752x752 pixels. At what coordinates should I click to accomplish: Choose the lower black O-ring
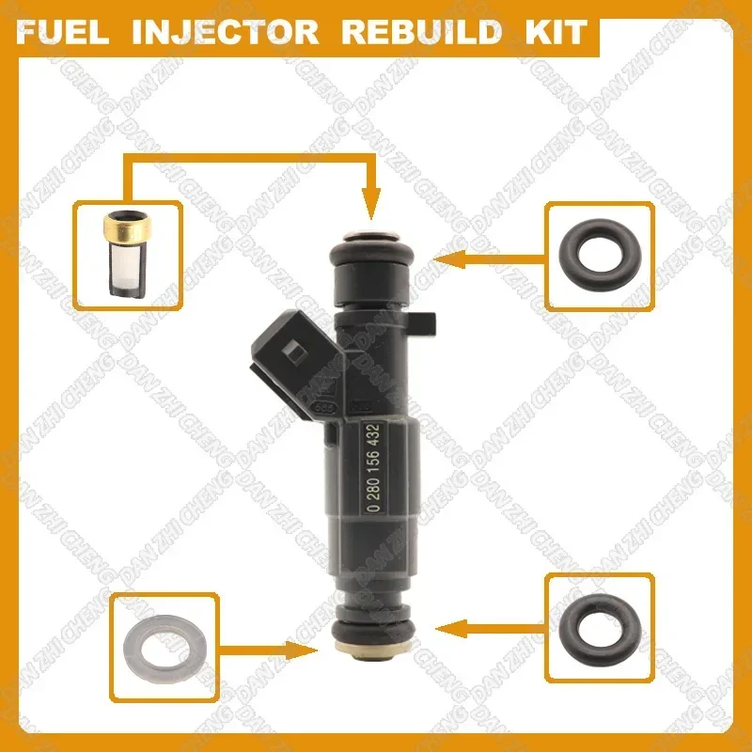coord(593,625)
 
